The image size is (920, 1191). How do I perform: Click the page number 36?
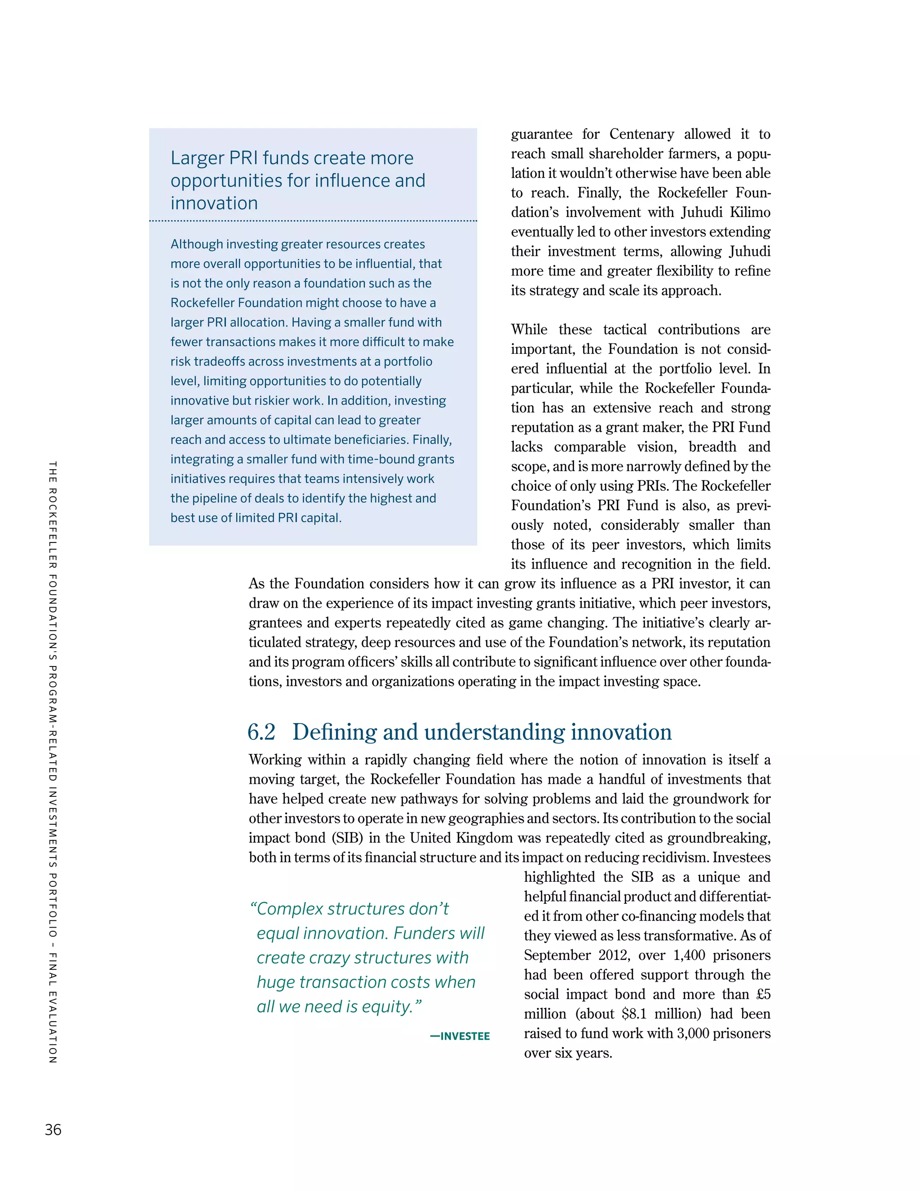pos(53,1129)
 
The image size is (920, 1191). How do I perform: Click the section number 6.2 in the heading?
pos(261,732)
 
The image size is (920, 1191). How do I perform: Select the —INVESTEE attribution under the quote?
pos(460,1036)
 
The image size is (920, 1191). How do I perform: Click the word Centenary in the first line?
pos(641,134)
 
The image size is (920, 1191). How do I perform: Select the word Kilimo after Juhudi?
pos(750,212)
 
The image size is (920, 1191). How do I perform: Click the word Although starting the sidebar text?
pos(196,244)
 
